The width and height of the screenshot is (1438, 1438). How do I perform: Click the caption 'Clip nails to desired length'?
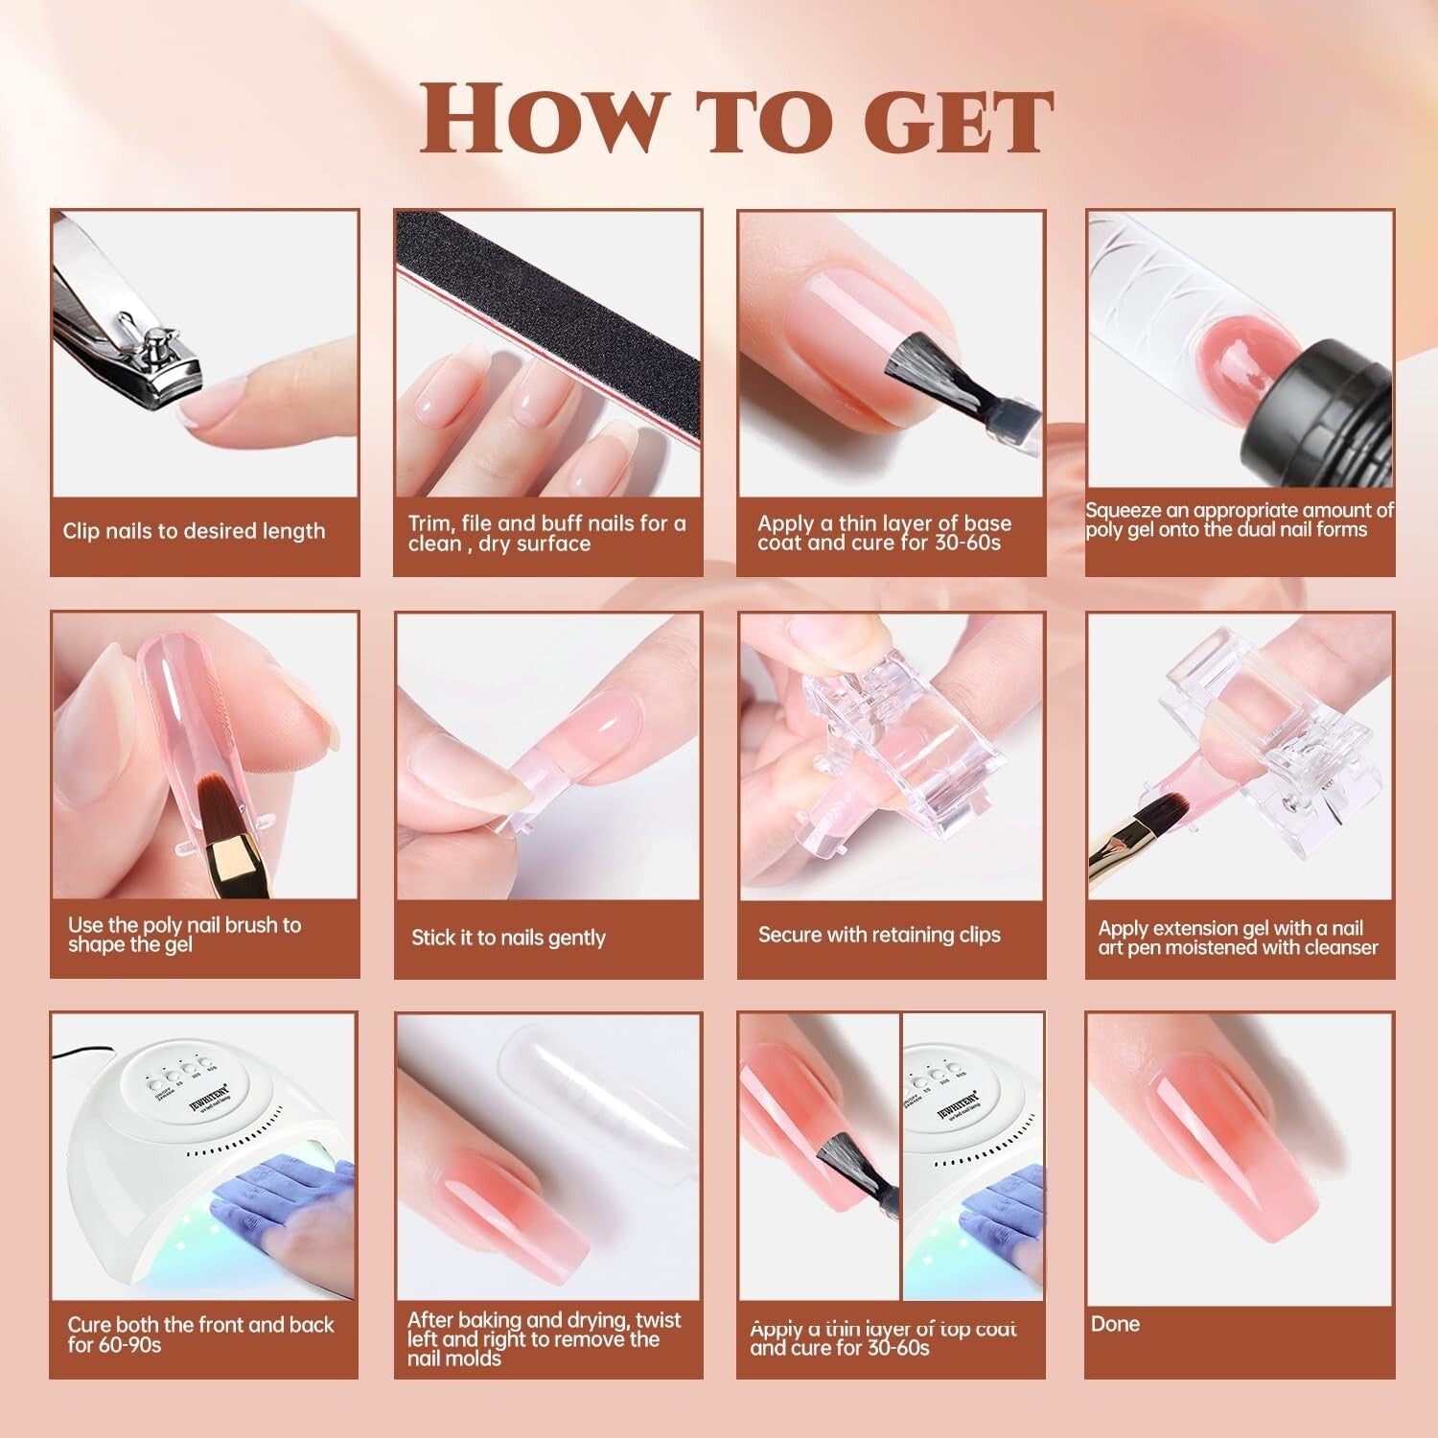point(194,531)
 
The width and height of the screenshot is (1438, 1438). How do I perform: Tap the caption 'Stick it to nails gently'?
point(508,938)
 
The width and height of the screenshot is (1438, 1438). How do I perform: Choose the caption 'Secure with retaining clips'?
point(879,935)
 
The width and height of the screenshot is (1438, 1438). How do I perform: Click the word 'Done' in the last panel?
point(1115,1324)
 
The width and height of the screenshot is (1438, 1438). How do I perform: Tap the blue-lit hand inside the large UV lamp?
point(278,1198)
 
